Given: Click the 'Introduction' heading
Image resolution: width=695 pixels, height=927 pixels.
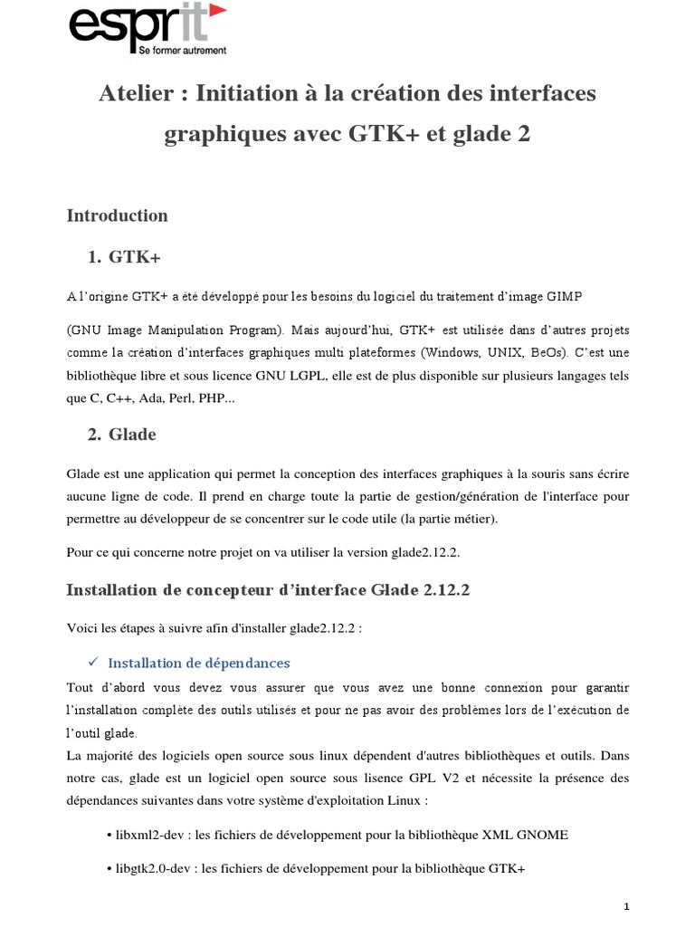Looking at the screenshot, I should coord(118,215).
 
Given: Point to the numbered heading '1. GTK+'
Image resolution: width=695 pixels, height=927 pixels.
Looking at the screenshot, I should coord(124,258).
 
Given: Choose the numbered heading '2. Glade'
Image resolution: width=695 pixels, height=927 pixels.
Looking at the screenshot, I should coord(122,435).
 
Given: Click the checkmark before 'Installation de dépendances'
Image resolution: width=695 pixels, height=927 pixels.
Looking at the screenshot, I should coord(93,662).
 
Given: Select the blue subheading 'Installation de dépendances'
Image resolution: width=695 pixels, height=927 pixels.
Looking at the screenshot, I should coord(199,662).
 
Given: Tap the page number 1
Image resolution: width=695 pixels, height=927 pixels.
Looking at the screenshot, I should coord(625,906).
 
